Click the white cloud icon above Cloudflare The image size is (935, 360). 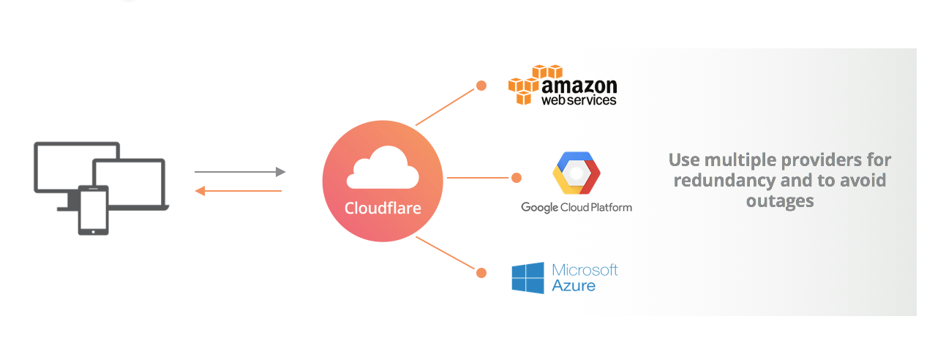(383, 169)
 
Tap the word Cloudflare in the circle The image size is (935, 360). (383, 209)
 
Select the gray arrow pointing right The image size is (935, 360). (239, 172)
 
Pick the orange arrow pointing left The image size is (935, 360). (239, 191)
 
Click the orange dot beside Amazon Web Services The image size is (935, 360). (481, 86)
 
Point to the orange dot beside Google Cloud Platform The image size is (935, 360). (516, 178)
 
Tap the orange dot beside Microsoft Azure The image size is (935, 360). (481, 273)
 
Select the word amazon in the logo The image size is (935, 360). (579, 86)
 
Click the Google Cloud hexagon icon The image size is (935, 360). (577, 173)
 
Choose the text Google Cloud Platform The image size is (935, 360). (577, 207)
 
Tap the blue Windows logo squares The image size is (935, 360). (528, 278)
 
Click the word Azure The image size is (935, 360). (574, 285)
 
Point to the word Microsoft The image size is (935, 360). (585, 269)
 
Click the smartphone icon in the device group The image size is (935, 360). (94, 210)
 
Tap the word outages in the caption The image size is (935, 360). (780, 200)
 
